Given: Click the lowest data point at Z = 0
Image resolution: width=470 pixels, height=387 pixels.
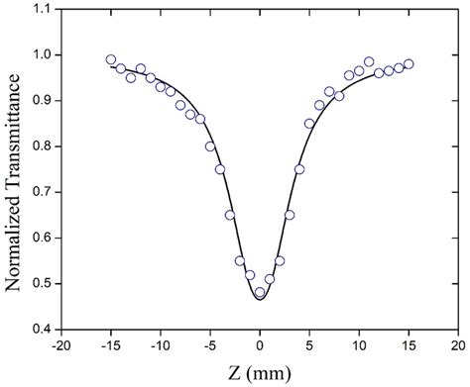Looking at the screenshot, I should [x=260, y=292].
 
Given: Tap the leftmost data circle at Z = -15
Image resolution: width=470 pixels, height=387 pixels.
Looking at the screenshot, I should [x=111, y=59].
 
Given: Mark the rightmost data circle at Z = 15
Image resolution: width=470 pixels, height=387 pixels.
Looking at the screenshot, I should [x=409, y=63].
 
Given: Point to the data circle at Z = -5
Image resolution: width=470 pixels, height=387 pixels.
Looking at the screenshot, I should [x=210, y=146].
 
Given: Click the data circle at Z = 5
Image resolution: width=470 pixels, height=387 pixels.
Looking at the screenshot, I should [x=309, y=124].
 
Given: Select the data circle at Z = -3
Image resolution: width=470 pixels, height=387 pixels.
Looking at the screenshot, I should [x=230, y=215].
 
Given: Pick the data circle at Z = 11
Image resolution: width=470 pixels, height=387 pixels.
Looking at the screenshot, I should [x=369, y=62].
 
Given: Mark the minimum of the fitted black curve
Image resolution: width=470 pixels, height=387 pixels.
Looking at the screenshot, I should [x=260, y=299].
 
